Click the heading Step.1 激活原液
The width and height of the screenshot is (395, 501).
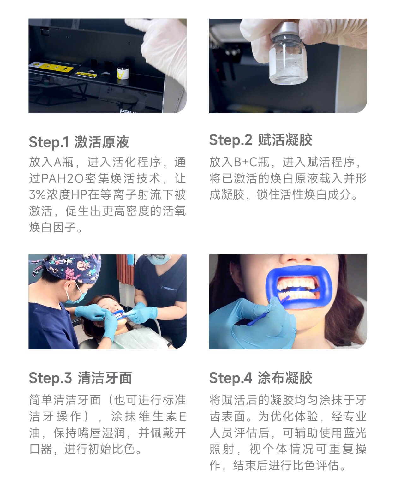pos(79,142)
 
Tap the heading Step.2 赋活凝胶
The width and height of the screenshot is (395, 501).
pos(260,140)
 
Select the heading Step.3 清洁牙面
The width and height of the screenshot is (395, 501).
pos(80,378)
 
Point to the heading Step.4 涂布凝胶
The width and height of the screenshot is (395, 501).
pos(260,378)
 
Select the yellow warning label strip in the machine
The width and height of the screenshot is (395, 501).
pos(51,67)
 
